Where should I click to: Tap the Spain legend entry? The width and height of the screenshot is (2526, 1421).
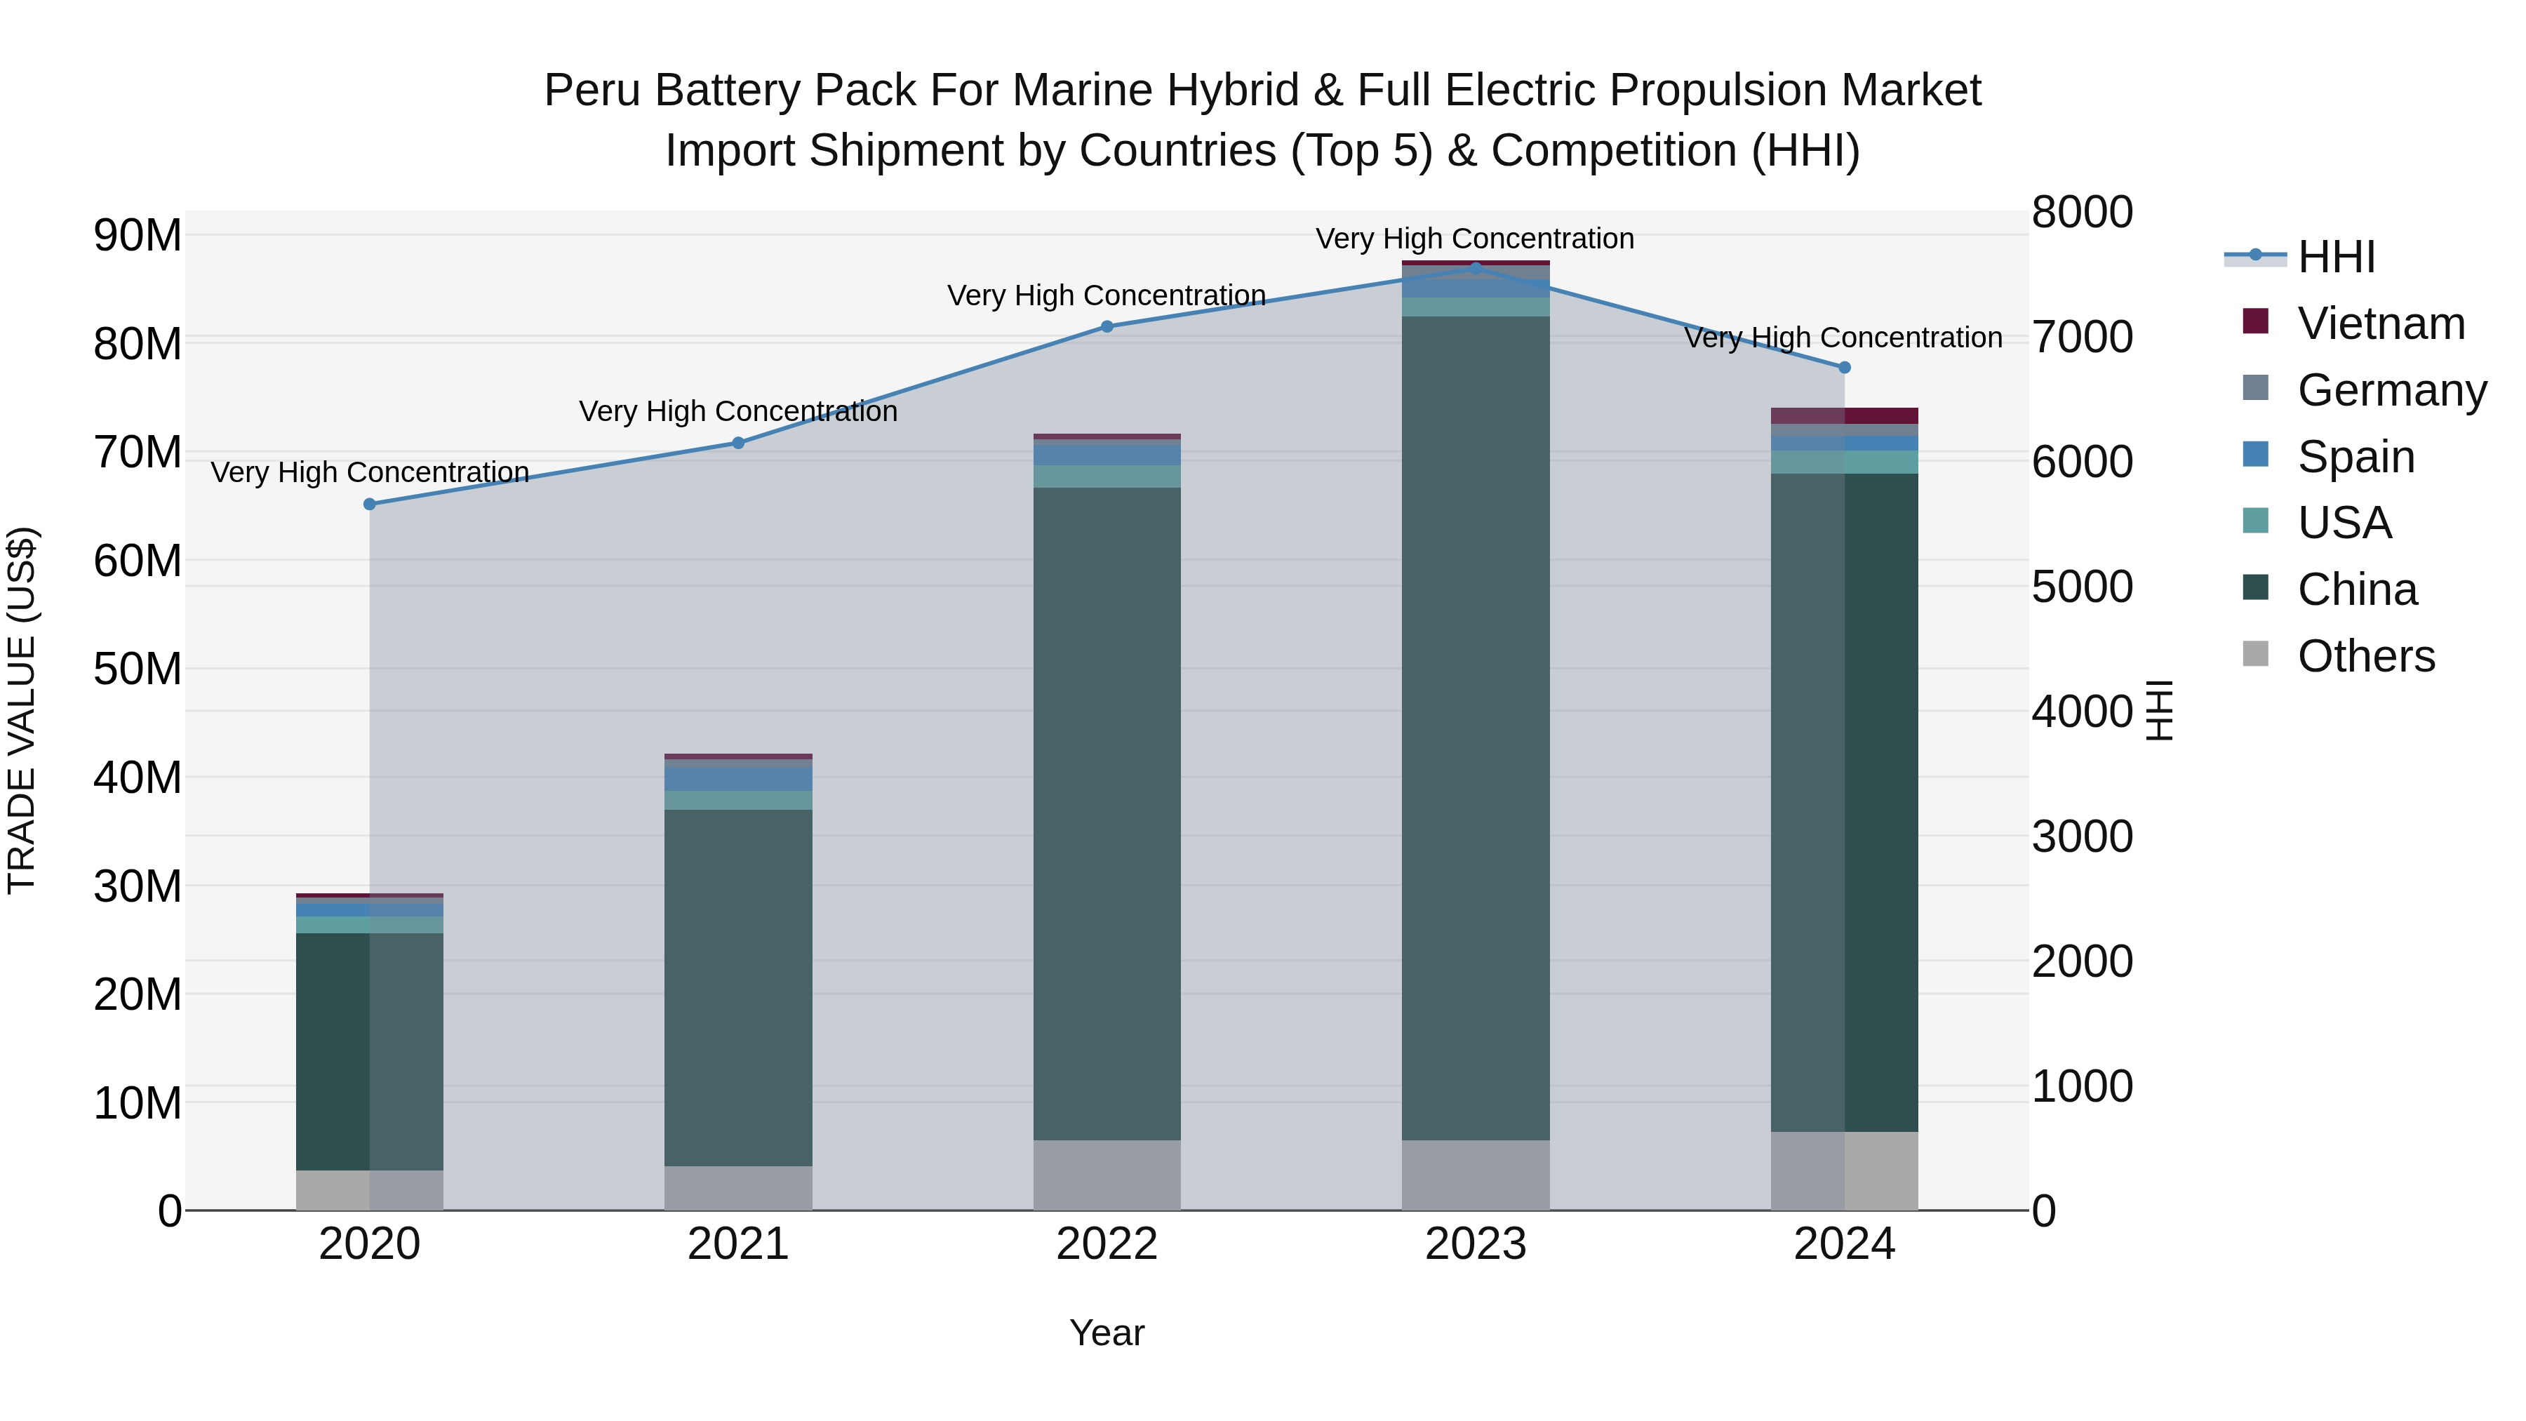click(x=2355, y=457)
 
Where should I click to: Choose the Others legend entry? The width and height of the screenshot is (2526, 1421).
click(x=2365, y=656)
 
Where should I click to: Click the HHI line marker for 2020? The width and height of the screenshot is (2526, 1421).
click(x=370, y=504)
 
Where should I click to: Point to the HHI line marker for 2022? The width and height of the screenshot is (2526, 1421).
click(x=1107, y=326)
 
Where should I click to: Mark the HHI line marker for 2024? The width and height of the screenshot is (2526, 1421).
click(x=1845, y=368)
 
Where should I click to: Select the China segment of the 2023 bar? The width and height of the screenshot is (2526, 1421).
click(x=1476, y=728)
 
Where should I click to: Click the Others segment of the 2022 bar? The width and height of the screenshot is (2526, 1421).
click(x=1107, y=1175)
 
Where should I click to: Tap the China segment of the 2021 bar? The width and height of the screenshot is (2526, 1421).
click(x=738, y=987)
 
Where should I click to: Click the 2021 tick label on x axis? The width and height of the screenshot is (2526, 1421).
click(x=738, y=1244)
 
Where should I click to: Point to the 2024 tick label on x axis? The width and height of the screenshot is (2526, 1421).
click(x=1845, y=1244)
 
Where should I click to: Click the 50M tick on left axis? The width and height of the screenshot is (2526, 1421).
click(x=138, y=670)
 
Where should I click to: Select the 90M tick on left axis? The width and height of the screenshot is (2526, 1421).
click(x=138, y=235)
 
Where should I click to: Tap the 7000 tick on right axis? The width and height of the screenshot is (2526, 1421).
click(x=2081, y=338)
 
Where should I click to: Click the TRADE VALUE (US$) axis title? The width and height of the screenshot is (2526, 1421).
click(x=22, y=710)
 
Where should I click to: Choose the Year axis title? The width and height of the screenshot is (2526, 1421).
click(x=1107, y=1333)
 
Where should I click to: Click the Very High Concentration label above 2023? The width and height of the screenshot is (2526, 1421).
click(x=1475, y=239)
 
